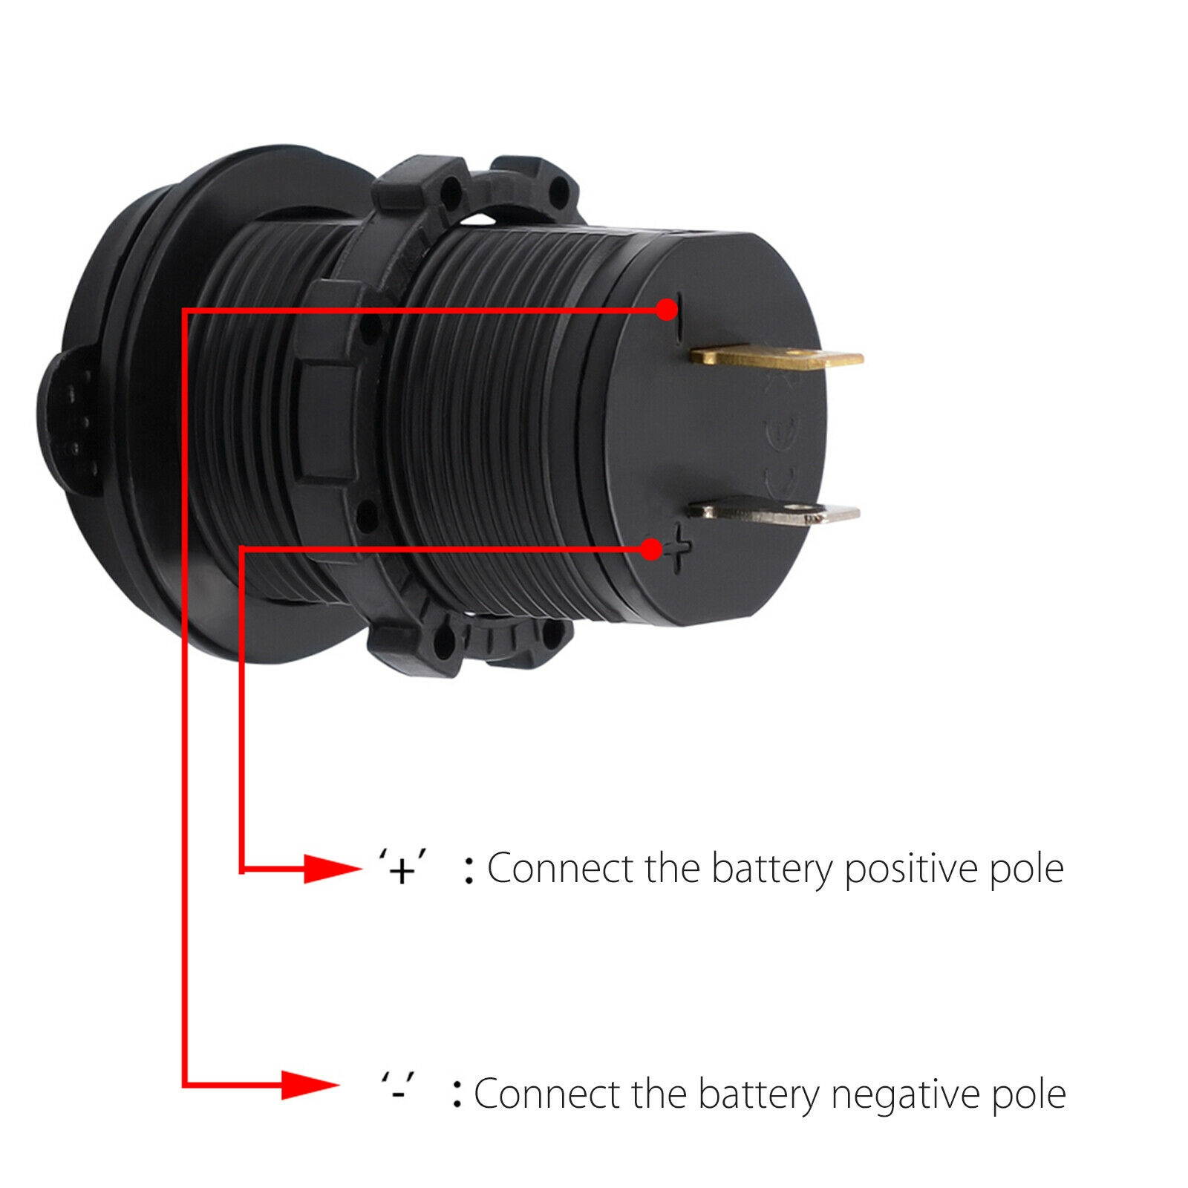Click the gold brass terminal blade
(776, 359)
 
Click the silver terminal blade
(774, 511)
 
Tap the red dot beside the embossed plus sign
(651, 549)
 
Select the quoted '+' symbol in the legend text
(401, 869)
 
